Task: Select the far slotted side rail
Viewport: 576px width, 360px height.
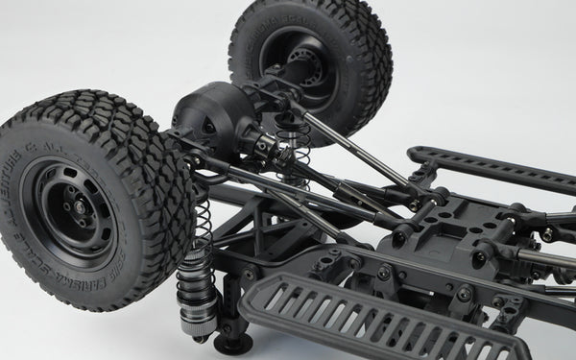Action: (x=490, y=167)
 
